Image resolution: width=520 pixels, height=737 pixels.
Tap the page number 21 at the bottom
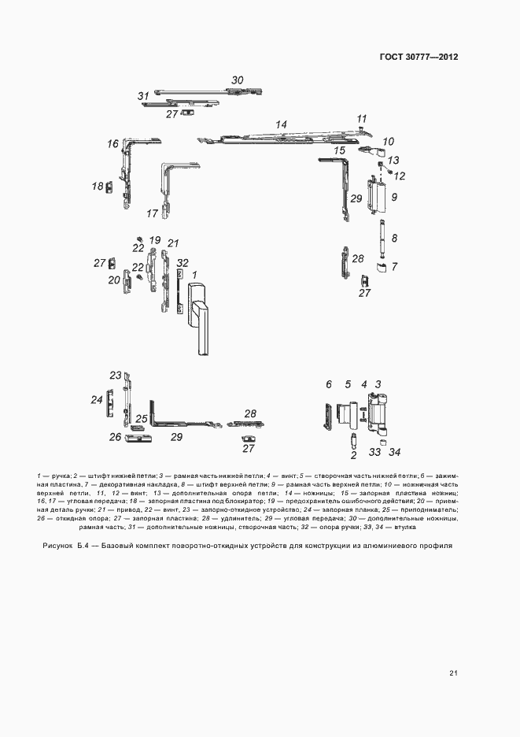(x=454, y=672)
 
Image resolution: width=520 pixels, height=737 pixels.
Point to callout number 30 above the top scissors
(x=238, y=80)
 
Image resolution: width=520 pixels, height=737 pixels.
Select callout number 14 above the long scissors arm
(x=282, y=124)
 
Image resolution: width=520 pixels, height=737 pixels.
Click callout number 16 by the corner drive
(x=112, y=143)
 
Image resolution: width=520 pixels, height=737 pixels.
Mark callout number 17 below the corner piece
(x=153, y=213)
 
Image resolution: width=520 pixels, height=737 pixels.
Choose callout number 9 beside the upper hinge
(x=394, y=196)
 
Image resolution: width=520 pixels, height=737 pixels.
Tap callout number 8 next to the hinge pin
(x=395, y=238)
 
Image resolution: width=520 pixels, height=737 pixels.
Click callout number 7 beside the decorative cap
(x=394, y=267)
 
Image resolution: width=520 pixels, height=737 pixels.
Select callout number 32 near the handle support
(x=183, y=263)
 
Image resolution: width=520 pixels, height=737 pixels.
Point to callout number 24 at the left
(x=97, y=400)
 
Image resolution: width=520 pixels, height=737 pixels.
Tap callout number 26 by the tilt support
(x=115, y=437)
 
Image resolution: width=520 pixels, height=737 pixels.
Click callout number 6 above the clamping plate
(x=329, y=384)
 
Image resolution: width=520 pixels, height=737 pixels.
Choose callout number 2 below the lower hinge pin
(x=354, y=455)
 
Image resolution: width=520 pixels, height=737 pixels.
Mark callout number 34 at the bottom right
(x=395, y=452)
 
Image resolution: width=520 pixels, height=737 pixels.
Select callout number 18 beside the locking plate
(x=98, y=187)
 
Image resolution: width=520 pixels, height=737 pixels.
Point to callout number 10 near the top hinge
(x=389, y=142)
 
